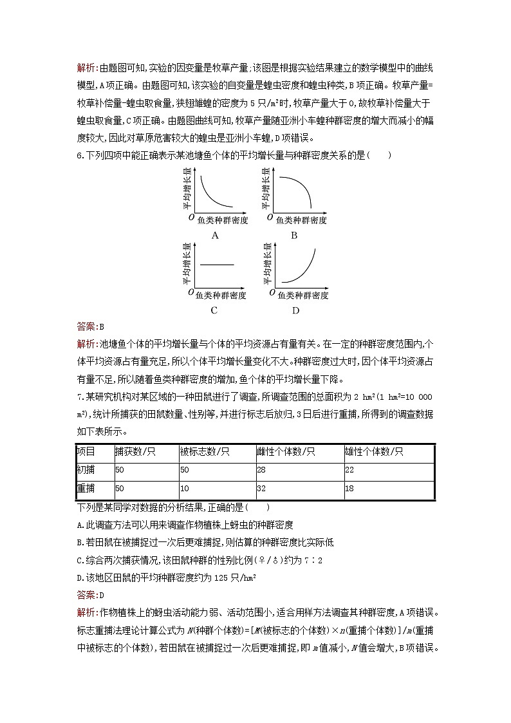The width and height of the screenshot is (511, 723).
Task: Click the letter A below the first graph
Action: [215, 235]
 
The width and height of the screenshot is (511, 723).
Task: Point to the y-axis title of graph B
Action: [265, 189]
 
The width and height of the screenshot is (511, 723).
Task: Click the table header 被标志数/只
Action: [205, 452]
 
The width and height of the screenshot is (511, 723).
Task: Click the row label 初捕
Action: [86, 471]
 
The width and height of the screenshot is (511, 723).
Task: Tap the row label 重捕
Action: [86, 489]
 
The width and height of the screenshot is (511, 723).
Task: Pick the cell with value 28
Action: [261, 471]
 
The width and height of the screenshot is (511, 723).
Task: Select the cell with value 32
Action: [261, 489]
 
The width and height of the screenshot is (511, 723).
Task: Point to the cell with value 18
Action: [349, 489]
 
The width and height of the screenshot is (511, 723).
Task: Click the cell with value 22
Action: [349, 471]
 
